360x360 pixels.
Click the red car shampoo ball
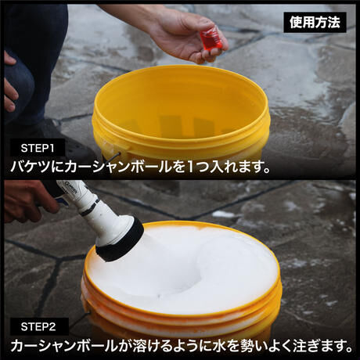pyautogui.click(x=211, y=41)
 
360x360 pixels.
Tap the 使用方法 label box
pyautogui.click(x=315, y=23)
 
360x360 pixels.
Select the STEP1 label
pyautogui.click(x=38, y=148)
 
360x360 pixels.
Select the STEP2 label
pyautogui.click(x=38, y=326)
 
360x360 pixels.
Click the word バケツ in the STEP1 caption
pyautogui.click(x=30, y=166)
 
